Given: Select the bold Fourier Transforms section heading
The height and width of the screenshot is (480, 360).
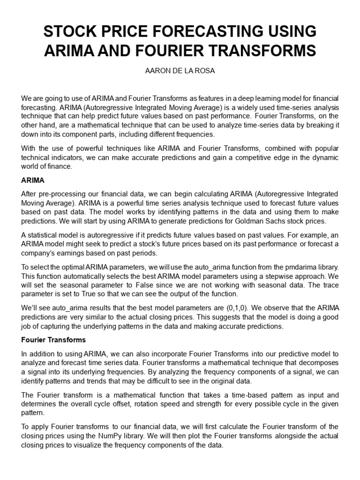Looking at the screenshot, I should point(52,340).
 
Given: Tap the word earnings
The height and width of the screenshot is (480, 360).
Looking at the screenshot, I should point(68,253).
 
